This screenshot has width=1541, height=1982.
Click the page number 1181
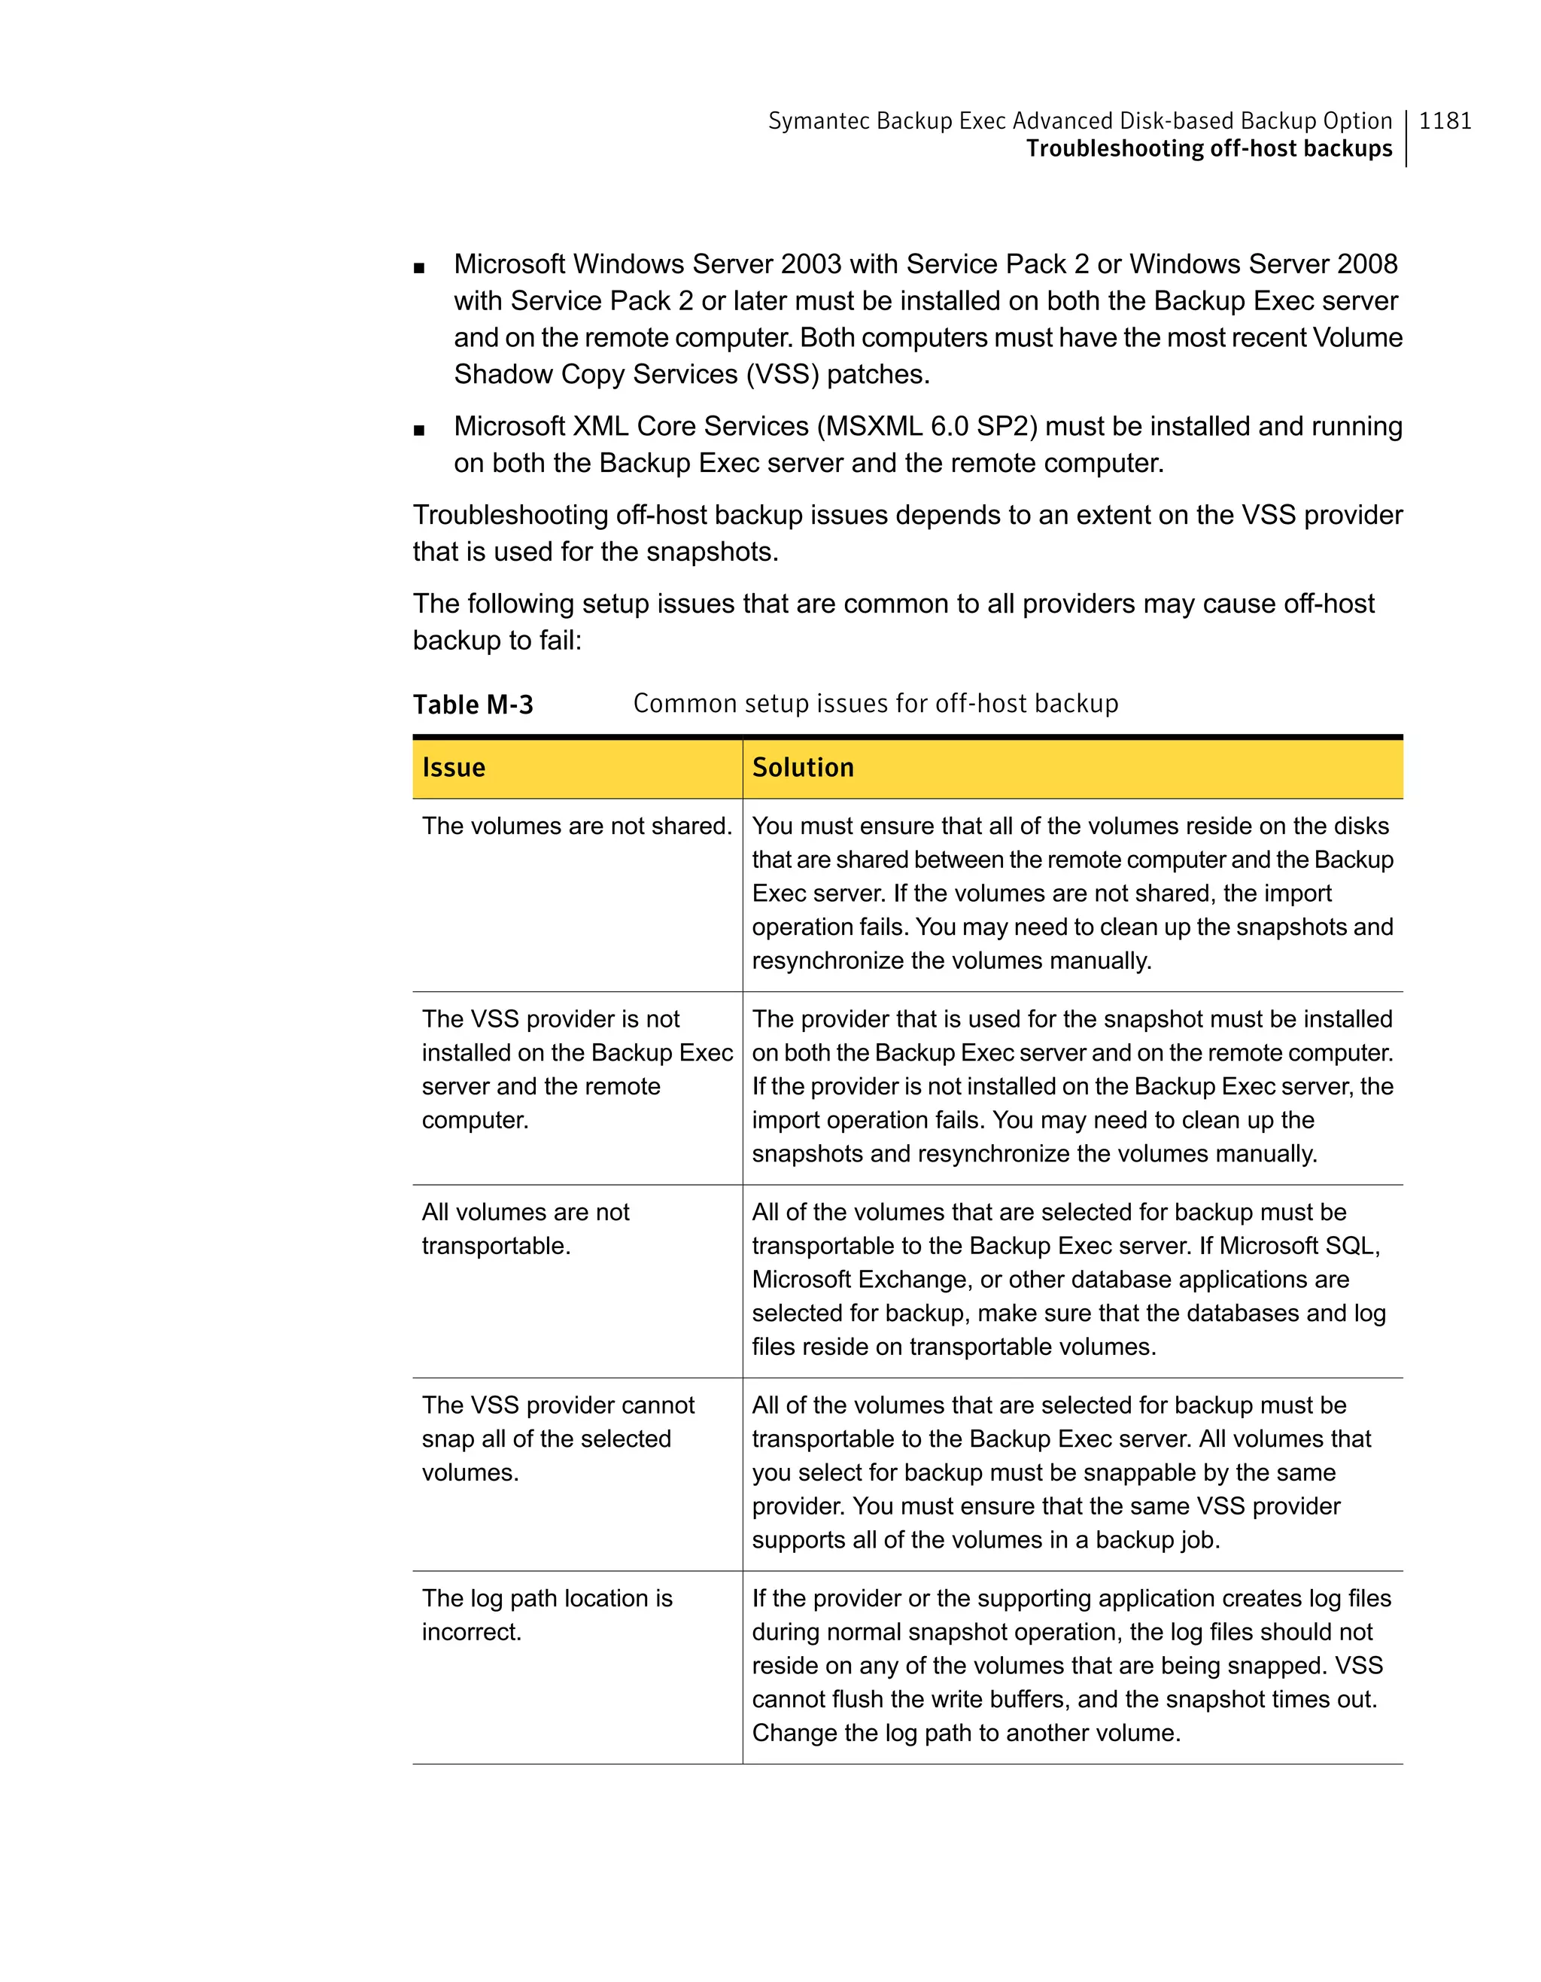tap(1444, 120)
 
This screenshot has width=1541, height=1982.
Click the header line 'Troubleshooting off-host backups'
tap(1208, 149)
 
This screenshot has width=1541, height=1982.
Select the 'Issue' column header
tap(454, 768)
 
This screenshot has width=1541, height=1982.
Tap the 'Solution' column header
tap(803, 768)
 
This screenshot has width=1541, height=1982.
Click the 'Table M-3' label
tap(473, 705)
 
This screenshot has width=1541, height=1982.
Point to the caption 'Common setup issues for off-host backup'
tap(875, 703)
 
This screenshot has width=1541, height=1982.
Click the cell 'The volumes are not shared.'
tap(576, 826)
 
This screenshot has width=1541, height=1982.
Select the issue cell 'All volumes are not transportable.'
tap(525, 1228)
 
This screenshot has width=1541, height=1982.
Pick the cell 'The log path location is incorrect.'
tap(547, 1615)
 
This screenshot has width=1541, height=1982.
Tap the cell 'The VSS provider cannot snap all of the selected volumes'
tap(557, 1439)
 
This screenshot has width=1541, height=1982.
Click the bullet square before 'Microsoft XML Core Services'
tap(418, 430)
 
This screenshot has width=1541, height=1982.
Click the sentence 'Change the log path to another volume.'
tap(966, 1734)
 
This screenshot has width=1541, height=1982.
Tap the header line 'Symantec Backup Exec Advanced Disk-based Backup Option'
tap(1079, 120)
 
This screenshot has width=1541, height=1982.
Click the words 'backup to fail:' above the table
tap(497, 641)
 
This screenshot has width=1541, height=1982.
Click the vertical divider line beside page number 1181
tap(1406, 138)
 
